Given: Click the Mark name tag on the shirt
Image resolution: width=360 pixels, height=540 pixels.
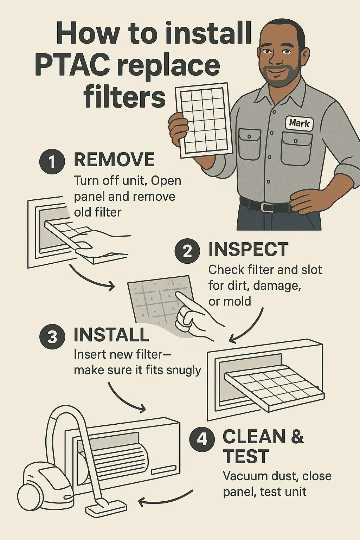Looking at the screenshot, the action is [x=299, y=123].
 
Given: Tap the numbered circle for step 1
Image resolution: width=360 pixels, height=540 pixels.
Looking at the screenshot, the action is [x=52, y=161].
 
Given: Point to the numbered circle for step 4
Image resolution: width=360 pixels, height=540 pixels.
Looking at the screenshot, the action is [x=202, y=439].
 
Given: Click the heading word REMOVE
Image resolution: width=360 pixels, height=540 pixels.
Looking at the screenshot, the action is [x=114, y=160].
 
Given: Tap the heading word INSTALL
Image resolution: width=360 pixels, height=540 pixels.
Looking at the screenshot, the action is [x=111, y=335].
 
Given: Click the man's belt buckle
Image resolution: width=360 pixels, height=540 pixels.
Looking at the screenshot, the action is [x=267, y=207].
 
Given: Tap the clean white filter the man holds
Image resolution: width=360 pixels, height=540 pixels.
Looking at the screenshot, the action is [x=204, y=120].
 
